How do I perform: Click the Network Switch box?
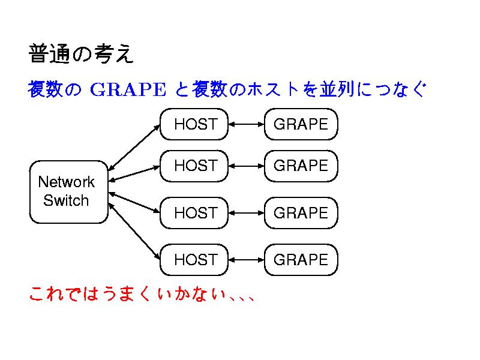click(x=68, y=191)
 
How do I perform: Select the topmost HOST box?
click(x=194, y=124)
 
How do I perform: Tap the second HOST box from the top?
click(x=194, y=166)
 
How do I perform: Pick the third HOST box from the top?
click(x=194, y=213)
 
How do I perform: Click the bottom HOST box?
click(x=194, y=260)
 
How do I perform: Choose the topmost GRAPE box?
click(x=301, y=124)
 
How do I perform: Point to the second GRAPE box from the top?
click(x=301, y=166)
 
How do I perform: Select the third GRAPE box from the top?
click(x=301, y=213)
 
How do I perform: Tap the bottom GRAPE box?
click(x=301, y=260)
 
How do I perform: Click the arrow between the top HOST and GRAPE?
click(x=247, y=124)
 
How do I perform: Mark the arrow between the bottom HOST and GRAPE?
click(x=247, y=260)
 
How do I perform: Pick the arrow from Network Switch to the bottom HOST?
click(x=134, y=233)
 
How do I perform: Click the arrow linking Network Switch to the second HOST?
click(x=134, y=173)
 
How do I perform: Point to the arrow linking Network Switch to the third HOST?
click(x=134, y=202)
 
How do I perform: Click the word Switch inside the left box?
click(x=66, y=200)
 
